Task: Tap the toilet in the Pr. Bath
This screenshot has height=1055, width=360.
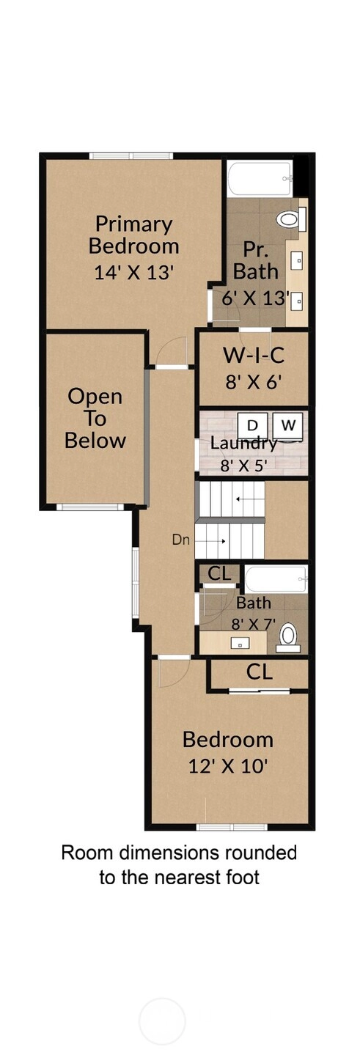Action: click(287, 219)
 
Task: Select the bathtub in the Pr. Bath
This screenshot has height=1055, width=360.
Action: click(260, 179)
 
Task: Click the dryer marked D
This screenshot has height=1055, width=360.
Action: click(252, 424)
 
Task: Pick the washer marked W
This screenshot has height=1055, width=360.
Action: click(288, 424)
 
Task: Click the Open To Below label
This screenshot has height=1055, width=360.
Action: click(95, 418)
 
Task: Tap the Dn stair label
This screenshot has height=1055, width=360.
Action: click(180, 540)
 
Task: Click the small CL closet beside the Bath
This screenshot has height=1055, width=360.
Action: click(219, 573)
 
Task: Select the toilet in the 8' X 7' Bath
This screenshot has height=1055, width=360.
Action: click(288, 637)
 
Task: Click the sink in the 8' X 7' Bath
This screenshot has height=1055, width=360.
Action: click(240, 644)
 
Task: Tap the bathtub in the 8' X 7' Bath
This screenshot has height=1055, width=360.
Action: click(276, 579)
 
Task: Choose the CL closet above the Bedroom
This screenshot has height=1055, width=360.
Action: click(259, 673)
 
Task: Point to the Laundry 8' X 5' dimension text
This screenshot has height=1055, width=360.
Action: click(244, 466)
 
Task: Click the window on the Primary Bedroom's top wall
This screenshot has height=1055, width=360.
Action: click(131, 156)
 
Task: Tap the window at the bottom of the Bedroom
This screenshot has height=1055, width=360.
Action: click(232, 827)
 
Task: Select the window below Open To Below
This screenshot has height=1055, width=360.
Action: click(90, 507)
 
